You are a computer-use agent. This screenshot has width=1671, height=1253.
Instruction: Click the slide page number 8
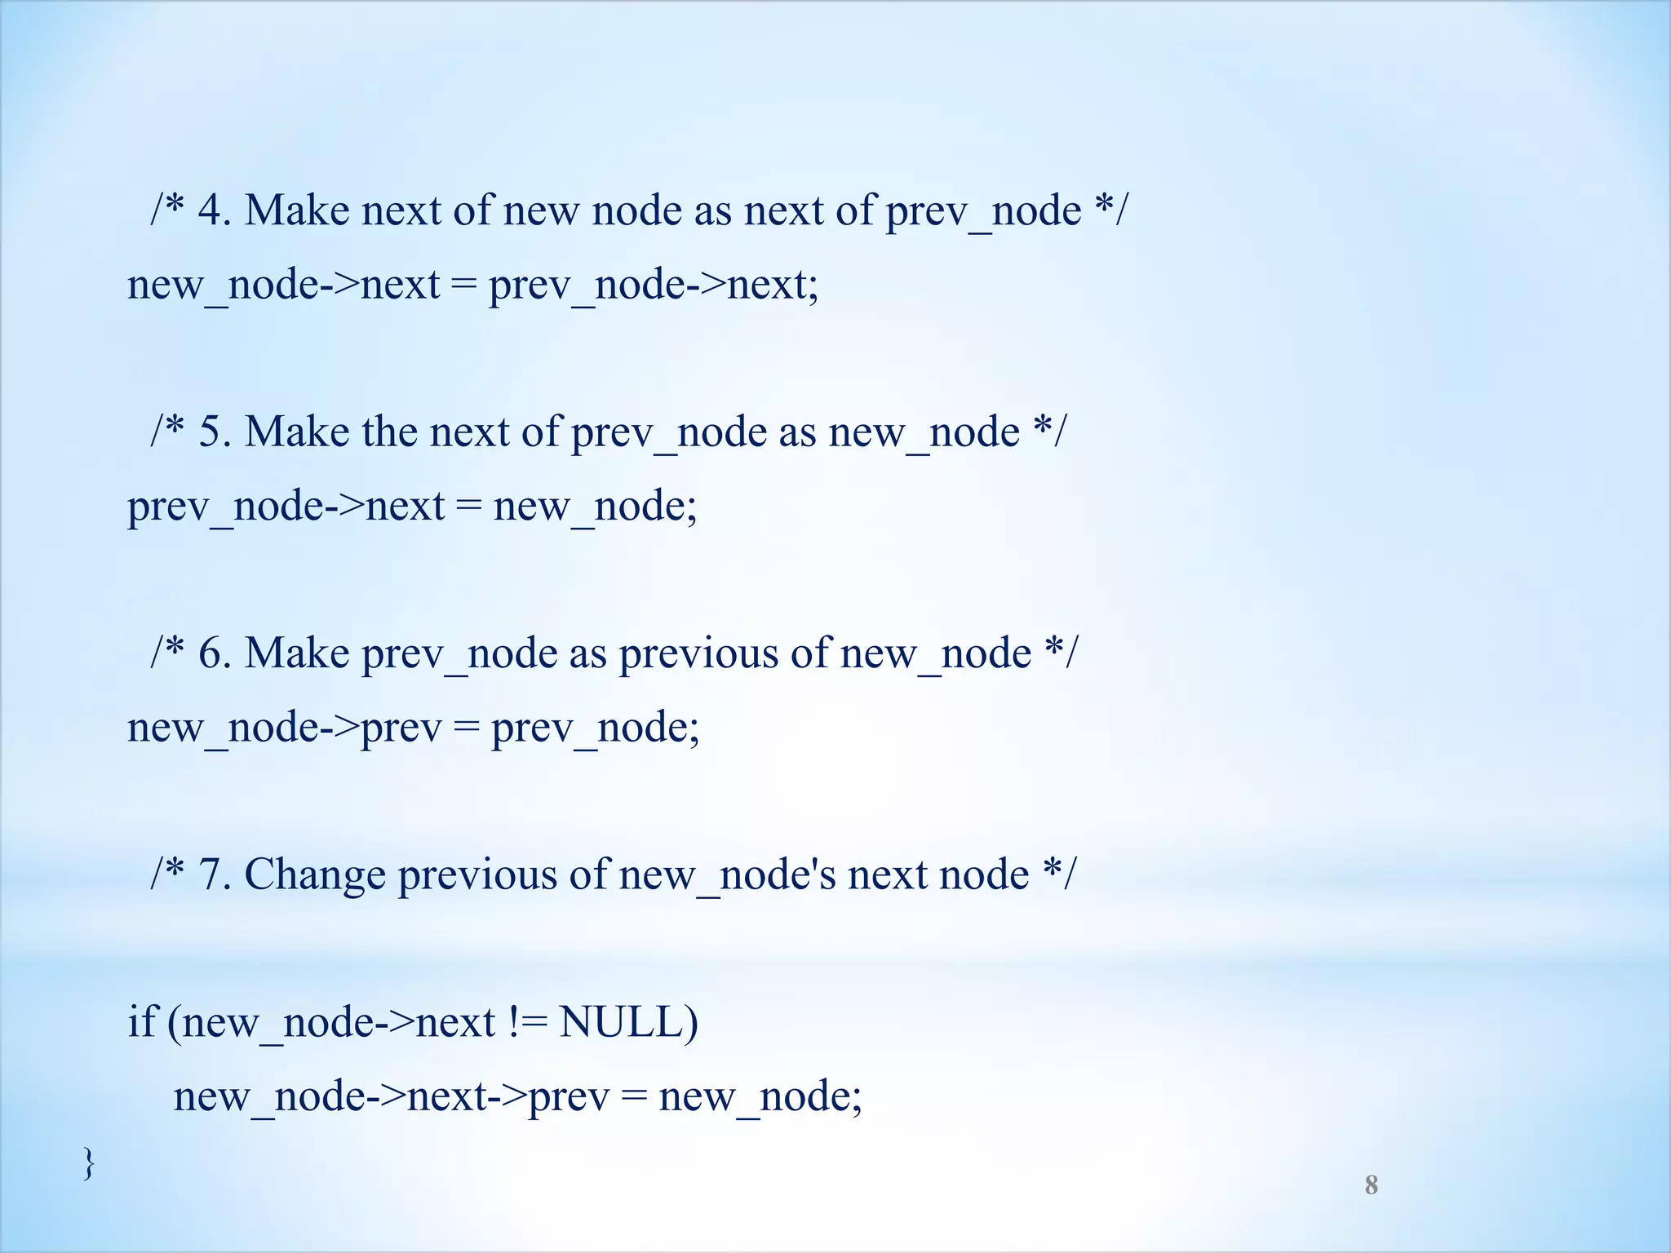(1371, 1185)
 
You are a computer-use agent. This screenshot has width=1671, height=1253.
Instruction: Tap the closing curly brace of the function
(89, 1162)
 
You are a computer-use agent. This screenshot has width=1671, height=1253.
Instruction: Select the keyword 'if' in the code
(141, 1021)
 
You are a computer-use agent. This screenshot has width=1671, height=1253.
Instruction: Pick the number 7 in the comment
(211, 874)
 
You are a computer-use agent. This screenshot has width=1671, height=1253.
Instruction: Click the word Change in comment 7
(315, 874)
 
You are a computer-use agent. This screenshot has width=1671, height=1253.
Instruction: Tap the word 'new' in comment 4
(541, 210)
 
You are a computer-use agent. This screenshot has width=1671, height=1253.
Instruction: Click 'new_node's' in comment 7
(727, 874)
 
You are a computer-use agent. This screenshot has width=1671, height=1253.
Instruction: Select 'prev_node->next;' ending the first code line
(654, 285)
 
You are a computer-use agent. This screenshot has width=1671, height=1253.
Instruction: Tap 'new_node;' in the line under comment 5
(595, 506)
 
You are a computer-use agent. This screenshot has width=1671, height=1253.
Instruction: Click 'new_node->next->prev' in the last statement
(392, 1096)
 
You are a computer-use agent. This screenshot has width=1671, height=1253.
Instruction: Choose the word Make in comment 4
(297, 210)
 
